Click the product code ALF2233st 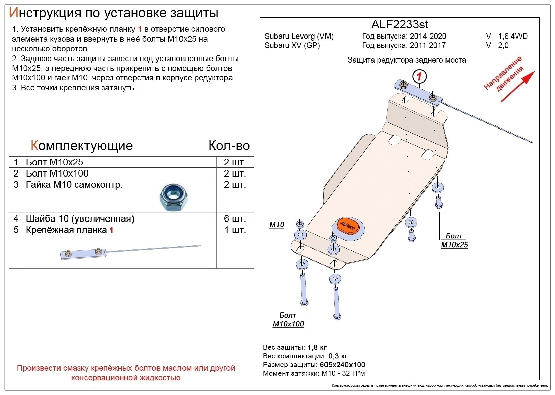click(400, 25)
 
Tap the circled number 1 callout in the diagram click(419, 76)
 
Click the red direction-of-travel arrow click(517, 87)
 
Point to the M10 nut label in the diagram click(277, 225)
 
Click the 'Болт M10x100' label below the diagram click(288, 320)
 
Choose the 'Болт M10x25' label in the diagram click(454, 240)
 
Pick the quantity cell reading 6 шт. click(235, 218)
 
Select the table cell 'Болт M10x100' click(57, 173)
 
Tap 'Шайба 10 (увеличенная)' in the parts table click(80, 218)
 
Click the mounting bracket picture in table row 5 click(130, 251)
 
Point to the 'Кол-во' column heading click(229, 145)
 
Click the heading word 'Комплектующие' click(82, 145)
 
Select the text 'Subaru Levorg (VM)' click(299, 36)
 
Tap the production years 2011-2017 click(428, 45)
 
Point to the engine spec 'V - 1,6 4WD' click(507, 36)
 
